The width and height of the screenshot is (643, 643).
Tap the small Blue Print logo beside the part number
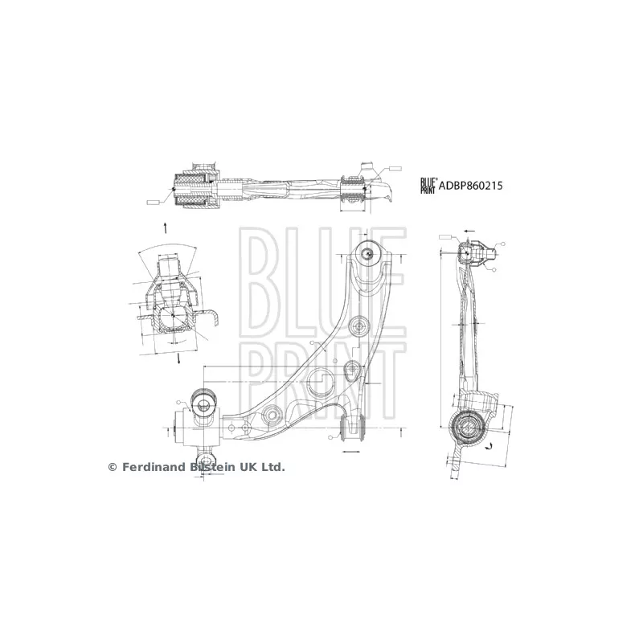point(428,186)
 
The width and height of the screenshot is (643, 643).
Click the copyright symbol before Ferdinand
point(113,467)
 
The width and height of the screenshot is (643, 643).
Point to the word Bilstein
point(213,467)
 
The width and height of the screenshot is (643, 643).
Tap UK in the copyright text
point(250,467)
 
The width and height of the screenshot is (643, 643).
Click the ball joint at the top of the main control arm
point(368,252)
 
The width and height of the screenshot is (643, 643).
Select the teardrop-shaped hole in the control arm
point(351,371)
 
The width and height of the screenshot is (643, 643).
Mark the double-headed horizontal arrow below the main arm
point(352,453)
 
